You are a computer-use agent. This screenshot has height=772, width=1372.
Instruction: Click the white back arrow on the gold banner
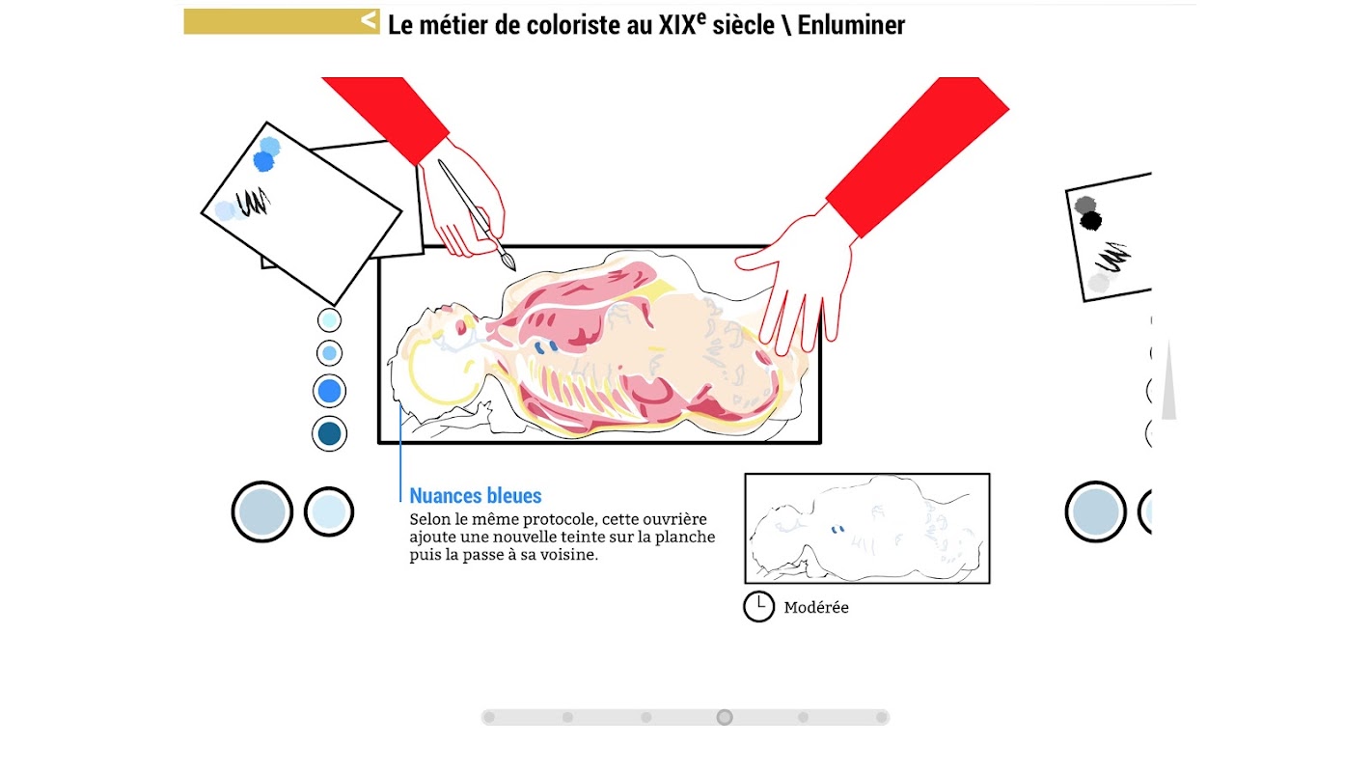369,20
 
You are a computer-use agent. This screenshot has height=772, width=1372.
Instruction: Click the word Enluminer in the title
851,25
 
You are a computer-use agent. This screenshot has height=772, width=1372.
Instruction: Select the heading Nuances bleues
476,495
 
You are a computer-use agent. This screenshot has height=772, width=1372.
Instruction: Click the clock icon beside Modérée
759,607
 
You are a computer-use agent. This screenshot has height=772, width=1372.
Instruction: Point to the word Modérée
816,607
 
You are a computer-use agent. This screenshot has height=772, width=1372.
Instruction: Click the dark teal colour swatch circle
330,434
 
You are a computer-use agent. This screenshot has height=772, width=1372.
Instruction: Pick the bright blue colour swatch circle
330,391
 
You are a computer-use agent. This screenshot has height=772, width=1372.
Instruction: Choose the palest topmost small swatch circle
330,319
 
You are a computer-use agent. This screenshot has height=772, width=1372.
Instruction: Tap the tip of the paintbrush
514,268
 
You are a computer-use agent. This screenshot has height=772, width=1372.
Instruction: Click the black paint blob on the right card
1090,221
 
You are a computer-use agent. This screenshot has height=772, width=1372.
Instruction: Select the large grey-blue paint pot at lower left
262,511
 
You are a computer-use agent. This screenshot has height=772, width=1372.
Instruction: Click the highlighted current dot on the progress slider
725,717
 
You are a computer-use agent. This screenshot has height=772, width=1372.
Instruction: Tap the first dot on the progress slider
489,717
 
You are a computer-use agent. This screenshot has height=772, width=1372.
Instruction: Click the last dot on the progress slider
882,717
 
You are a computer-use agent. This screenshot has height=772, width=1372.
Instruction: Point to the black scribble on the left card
254,203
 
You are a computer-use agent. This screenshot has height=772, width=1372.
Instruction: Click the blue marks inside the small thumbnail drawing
837,530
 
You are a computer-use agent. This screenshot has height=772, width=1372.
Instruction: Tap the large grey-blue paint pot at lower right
1096,511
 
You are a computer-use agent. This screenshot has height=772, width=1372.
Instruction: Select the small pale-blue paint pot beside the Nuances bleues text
329,511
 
